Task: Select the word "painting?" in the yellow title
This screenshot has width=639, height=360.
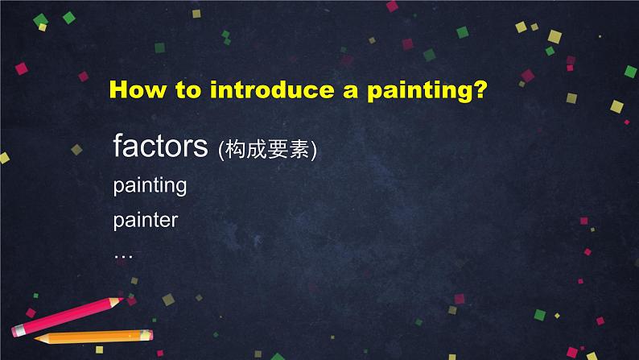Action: click(x=427, y=90)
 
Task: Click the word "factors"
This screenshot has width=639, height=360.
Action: click(x=161, y=146)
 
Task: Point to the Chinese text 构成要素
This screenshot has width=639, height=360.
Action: click(x=267, y=149)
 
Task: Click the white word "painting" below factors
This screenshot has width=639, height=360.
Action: click(x=150, y=186)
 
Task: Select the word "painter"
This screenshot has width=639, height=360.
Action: click(x=146, y=220)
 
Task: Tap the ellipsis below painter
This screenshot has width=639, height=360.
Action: click(x=123, y=256)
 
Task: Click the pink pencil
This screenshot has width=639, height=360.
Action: click(x=68, y=317)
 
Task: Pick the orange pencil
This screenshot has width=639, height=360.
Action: click(x=93, y=337)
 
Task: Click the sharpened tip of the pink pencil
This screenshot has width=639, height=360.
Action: click(x=122, y=300)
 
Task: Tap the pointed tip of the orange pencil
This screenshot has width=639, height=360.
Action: click(x=36, y=338)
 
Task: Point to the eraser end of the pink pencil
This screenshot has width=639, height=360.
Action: click(x=16, y=331)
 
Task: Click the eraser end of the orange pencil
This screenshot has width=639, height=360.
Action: click(x=150, y=335)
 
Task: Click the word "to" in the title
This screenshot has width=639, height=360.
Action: click(x=188, y=89)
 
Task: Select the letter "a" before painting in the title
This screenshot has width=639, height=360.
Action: click(x=350, y=91)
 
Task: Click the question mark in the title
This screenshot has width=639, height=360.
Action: click(x=481, y=89)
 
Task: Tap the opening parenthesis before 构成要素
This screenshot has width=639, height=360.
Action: click(x=221, y=151)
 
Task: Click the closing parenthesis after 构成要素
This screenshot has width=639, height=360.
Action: click(x=313, y=151)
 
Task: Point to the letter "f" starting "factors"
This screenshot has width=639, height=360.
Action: click(x=118, y=145)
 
